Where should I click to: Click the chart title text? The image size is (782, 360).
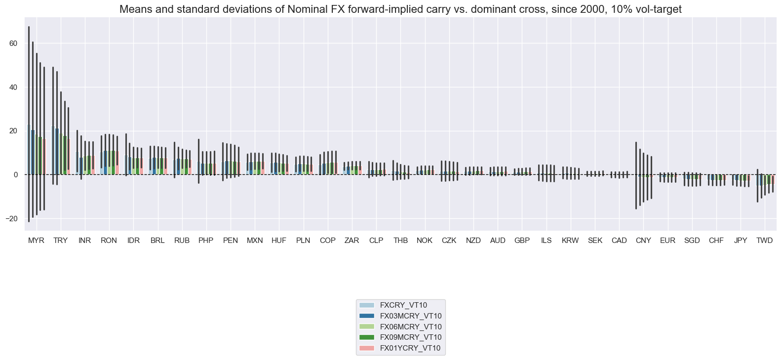[400, 9]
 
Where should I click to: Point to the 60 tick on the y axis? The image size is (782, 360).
[13, 43]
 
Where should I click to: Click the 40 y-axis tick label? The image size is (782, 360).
[13, 87]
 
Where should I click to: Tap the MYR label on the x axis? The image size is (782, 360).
[36, 240]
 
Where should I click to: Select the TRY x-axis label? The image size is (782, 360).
[60, 240]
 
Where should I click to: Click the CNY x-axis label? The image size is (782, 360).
[643, 240]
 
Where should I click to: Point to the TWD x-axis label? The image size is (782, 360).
[764, 240]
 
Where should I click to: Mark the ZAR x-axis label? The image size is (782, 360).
[352, 240]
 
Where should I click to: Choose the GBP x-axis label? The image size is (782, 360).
[522, 240]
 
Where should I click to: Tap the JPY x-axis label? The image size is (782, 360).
[741, 240]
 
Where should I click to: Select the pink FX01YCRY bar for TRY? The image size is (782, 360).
[68, 158]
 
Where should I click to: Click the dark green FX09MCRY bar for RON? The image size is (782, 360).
[113, 163]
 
